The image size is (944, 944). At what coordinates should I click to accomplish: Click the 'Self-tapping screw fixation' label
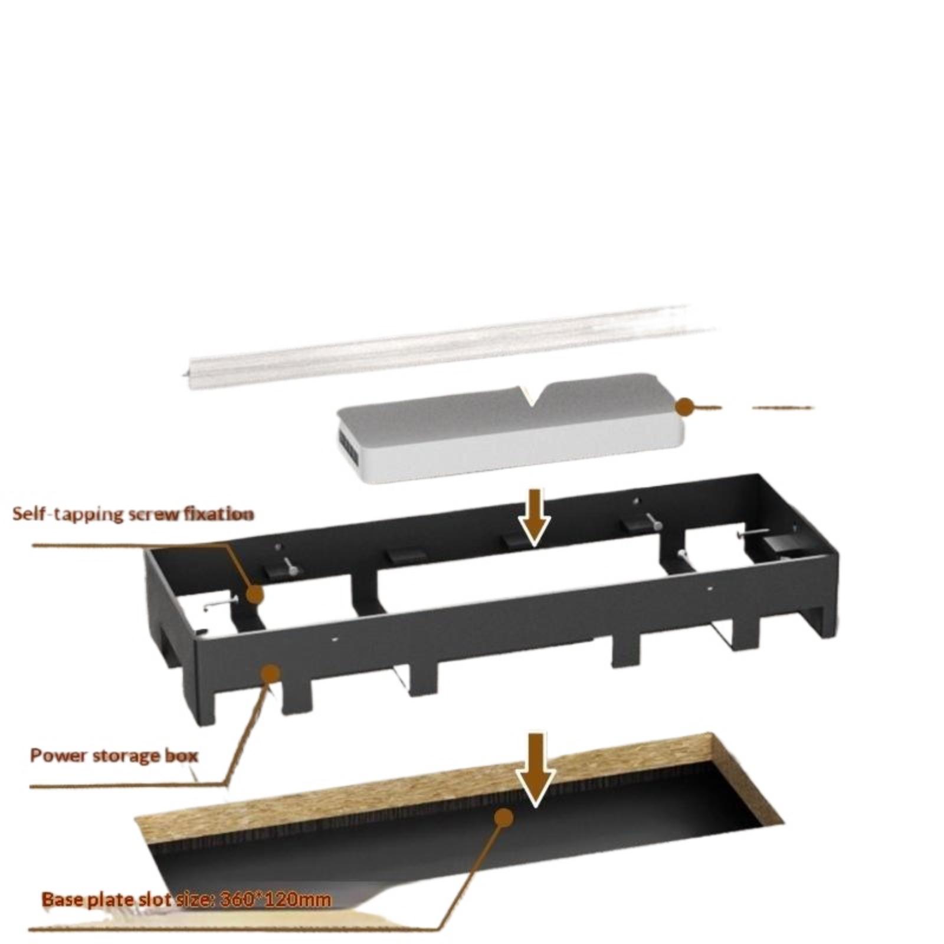click(x=133, y=514)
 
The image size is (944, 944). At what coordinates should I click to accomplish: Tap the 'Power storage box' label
click(x=114, y=755)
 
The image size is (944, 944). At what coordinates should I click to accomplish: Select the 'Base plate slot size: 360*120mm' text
click(x=186, y=900)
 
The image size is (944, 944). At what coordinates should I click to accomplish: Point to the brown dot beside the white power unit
click(x=684, y=406)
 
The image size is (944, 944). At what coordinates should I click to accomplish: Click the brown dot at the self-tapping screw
click(x=254, y=594)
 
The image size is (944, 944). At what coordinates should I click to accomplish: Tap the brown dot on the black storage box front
click(x=270, y=673)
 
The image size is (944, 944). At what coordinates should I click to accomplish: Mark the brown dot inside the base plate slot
click(x=504, y=817)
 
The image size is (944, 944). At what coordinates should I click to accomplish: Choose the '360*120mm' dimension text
click(x=275, y=900)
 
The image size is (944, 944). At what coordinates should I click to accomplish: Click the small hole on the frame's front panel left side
click(x=335, y=638)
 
